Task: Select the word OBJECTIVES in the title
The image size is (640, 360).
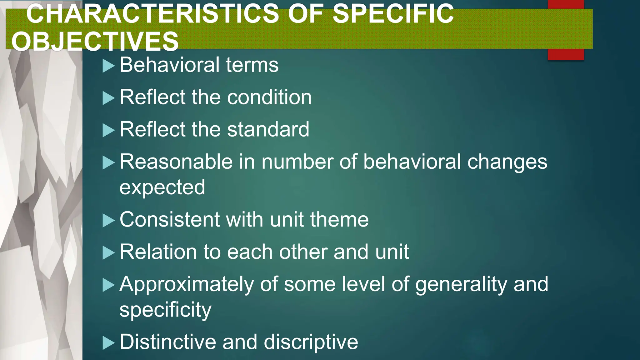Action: [x=95, y=42]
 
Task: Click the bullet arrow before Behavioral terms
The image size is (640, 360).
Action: [x=108, y=66]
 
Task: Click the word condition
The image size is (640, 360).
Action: [x=269, y=97]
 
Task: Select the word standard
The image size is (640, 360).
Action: [x=268, y=129]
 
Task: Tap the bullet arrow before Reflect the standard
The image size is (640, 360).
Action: [x=108, y=130]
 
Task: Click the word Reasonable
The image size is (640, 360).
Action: [x=176, y=162]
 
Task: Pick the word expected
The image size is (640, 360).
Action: [x=162, y=187]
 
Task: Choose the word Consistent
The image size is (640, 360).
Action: [x=170, y=219]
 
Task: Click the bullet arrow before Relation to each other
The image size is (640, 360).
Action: [x=108, y=253]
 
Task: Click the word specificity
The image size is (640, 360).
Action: [x=165, y=310]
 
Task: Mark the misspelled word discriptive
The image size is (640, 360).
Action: [x=311, y=342]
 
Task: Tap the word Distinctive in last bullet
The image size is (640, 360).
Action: [x=168, y=342]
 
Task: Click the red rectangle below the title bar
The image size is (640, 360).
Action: [x=566, y=54]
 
